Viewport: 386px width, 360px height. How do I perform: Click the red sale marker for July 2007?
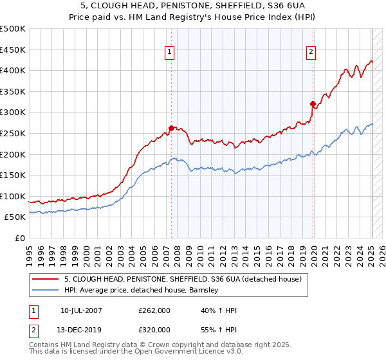point(171,128)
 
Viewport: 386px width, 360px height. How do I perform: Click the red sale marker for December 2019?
point(313,104)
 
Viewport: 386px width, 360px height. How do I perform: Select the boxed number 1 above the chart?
point(170,53)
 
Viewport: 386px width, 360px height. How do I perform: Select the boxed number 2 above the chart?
point(311,53)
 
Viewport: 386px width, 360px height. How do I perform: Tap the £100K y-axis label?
point(13,197)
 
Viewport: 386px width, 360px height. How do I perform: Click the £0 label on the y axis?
point(19,239)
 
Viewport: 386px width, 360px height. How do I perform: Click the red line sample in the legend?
point(46,278)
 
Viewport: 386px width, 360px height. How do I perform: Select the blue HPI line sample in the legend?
point(46,291)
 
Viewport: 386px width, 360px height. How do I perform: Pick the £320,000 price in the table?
point(154,330)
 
